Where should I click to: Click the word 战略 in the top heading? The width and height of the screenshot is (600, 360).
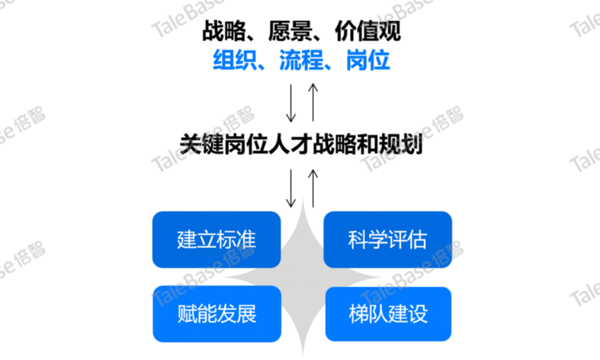click(x=224, y=31)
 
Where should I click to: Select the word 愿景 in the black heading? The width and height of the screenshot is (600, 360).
click(x=290, y=31)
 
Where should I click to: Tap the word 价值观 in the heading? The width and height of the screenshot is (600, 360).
click(x=368, y=31)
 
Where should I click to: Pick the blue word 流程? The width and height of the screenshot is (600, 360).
click(x=301, y=60)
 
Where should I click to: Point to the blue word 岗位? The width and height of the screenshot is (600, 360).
click(x=368, y=60)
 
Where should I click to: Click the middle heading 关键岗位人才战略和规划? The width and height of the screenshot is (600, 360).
click(x=301, y=144)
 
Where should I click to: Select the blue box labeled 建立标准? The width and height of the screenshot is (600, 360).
click(x=216, y=240)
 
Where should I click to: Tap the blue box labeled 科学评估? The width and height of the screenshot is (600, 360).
click(x=388, y=240)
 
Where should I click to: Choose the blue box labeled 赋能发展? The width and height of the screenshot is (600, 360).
click(x=217, y=313)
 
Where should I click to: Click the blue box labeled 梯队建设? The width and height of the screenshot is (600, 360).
click(x=388, y=313)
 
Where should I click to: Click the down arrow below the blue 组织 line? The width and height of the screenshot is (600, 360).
click(x=291, y=103)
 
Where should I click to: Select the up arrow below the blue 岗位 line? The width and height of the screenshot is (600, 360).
click(x=313, y=102)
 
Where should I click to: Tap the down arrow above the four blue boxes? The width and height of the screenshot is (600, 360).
click(x=291, y=189)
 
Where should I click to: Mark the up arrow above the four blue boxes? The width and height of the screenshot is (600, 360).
click(x=313, y=189)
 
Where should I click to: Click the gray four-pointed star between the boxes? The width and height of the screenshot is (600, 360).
click(x=303, y=276)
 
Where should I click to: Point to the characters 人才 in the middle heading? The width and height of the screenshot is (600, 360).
click(x=290, y=144)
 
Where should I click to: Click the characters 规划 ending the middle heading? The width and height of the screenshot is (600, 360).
click(x=401, y=144)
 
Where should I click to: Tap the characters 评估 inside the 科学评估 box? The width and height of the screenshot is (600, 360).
click(x=407, y=240)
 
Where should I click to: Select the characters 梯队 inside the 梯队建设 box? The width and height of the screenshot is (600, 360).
click(x=368, y=314)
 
